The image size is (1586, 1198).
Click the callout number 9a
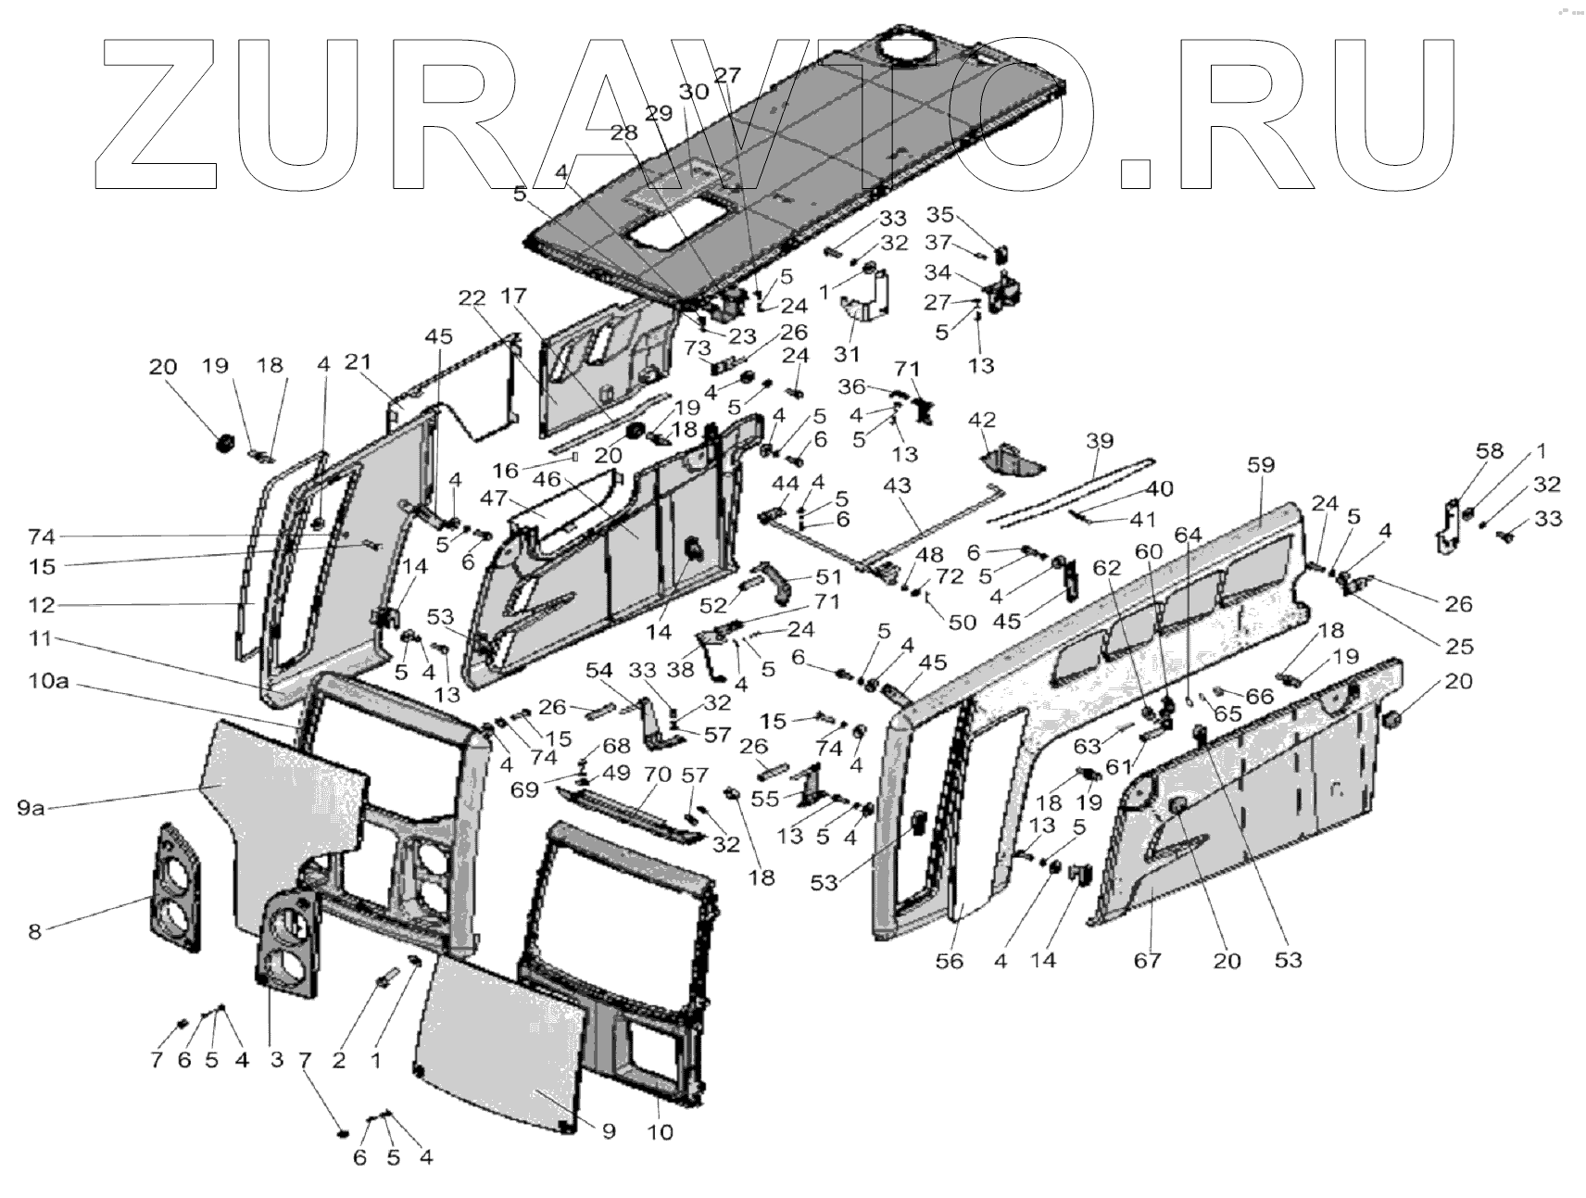pyautogui.click(x=31, y=807)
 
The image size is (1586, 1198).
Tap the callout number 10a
pyautogui.click(x=47, y=683)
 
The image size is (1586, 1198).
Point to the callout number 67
pyautogui.click(x=1148, y=960)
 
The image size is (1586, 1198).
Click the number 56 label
pyautogui.click(x=950, y=961)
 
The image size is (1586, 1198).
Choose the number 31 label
pyautogui.click(x=848, y=354)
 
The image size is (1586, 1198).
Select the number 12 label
pyautogui.click(x=42, y=605)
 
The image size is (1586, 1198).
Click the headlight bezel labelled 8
pyautogui.click(x=175, y=888)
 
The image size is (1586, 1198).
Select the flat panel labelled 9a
pyautogui.click(x=278, y=806)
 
